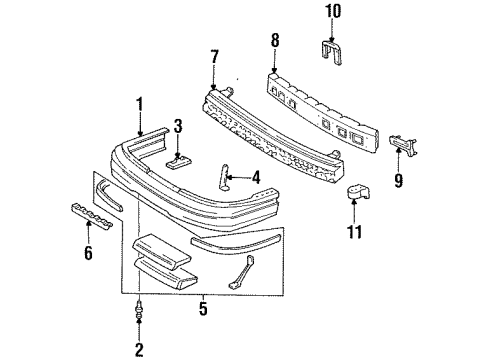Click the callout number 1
click(x=141, y=102)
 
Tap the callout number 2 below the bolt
click(x=139, y=348)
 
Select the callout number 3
click(x=177, y=126)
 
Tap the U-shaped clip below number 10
click(x=336, y=48)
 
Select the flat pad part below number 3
click(x=179, y=163)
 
